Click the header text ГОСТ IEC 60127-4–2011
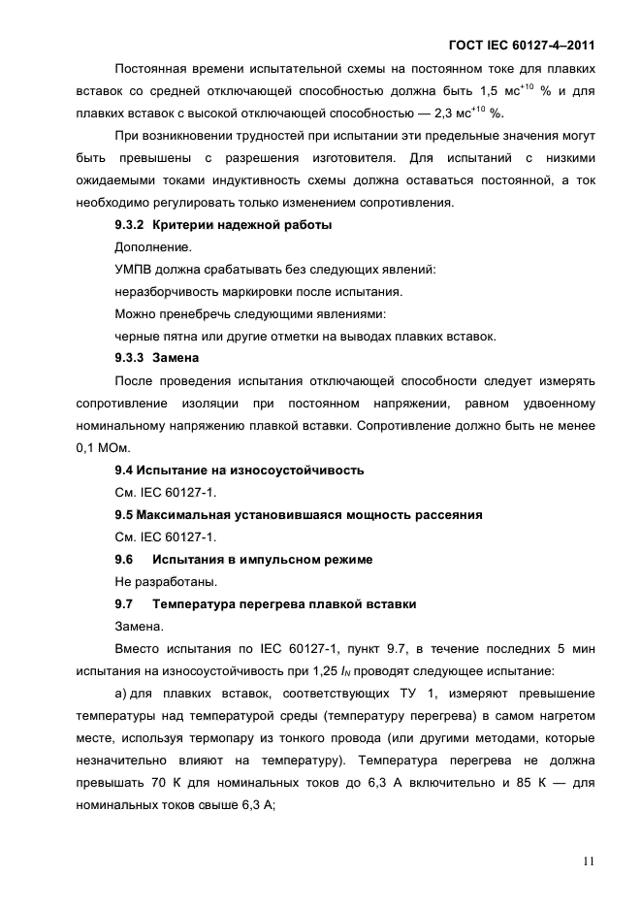[x=522, y=45]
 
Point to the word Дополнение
[x=153, y=247]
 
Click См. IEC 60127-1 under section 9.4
[x=159, y=493]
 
